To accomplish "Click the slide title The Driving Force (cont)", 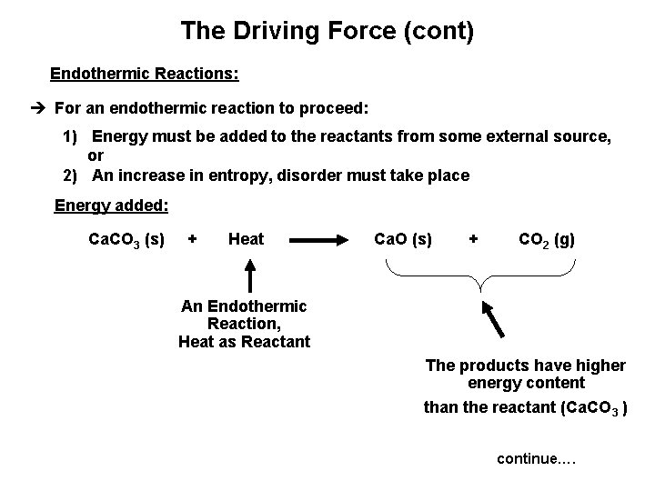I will [x=327, y=31].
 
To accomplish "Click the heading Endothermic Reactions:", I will [x=144, y=72].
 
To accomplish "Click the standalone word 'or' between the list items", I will [x=96, y=156].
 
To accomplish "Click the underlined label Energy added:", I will [x=111, y=205].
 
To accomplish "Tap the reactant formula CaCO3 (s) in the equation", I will [x=126, y=240].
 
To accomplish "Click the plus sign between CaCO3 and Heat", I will [x=192, y=239].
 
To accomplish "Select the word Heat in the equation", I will [x=246, y=239].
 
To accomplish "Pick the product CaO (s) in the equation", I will [x=403, y=239].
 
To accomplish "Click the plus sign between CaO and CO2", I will [x=473, y=239].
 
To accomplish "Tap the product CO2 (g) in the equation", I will [x=546, y=240].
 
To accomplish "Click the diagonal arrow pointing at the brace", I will [x=496, y=319].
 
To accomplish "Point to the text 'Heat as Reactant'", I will [x=244, y=342].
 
